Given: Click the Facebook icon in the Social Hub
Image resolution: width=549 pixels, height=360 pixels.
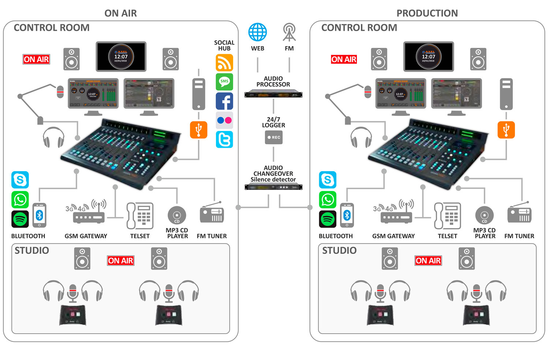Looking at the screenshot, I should click(224, 101).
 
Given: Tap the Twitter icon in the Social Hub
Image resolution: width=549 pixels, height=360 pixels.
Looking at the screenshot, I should click(224, 139).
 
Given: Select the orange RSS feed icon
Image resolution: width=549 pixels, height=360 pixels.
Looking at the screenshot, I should click(224, 63).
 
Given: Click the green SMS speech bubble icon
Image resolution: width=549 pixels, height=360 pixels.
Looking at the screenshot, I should click(224, 82).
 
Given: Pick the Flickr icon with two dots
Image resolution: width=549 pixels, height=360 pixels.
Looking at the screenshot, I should click(224, 120).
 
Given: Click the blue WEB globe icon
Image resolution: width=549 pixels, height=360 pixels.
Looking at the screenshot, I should click(258, 32).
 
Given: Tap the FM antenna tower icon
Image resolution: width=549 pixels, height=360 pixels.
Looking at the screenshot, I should click(289, 32).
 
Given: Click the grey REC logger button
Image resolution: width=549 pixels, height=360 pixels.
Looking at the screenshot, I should click(274, 138).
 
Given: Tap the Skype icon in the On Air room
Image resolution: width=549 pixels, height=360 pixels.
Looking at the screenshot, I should click(20, 180).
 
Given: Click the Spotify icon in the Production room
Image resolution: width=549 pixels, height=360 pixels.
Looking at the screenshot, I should click(328, 219).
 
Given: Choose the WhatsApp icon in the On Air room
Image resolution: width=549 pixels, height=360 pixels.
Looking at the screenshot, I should click(20, 200).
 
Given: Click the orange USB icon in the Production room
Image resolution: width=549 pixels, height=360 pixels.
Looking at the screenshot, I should click(506, 130).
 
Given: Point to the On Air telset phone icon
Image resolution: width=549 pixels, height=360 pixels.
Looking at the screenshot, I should click(140, 215).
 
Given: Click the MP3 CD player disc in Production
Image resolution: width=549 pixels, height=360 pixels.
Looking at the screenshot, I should click(484, 215).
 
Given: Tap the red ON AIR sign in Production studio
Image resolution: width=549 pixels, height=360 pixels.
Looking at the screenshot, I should click(428, 260).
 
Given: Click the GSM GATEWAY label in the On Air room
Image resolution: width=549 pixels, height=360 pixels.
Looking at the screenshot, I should click(86, 236).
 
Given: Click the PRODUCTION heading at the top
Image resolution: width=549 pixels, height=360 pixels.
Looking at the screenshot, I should click(427, 14).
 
